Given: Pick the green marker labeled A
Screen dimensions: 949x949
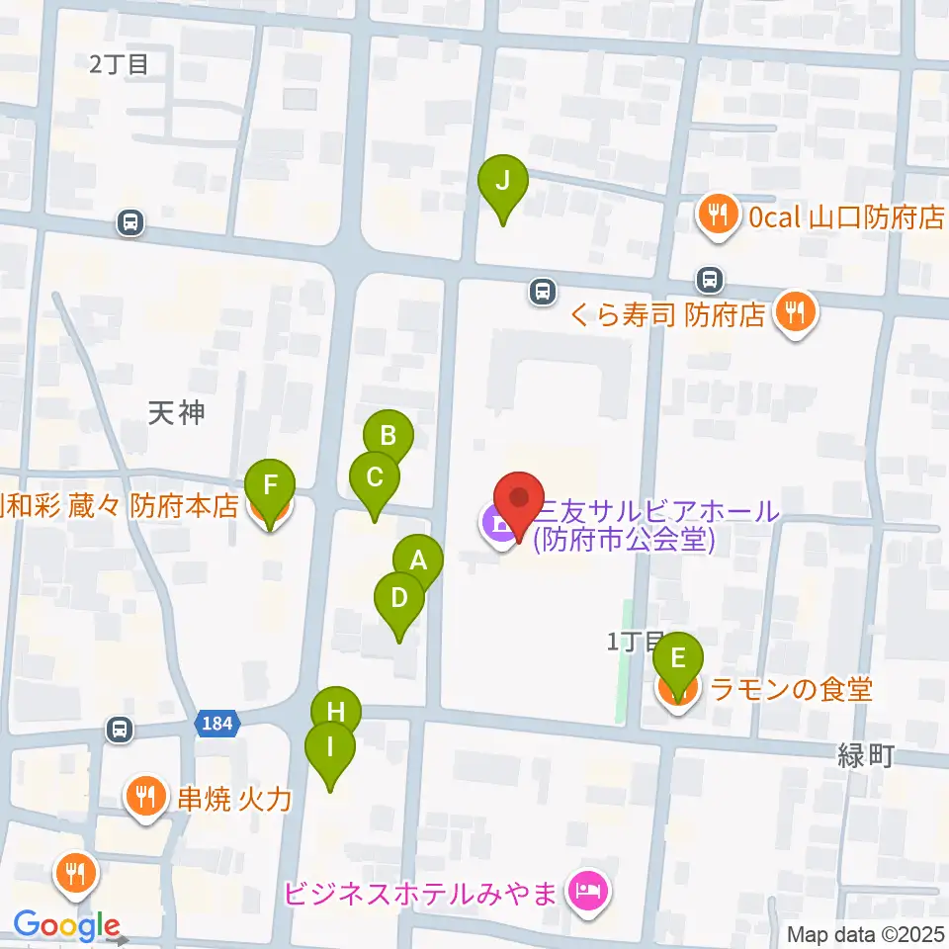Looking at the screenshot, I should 418,563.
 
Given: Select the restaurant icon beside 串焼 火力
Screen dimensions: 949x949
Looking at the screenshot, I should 146,796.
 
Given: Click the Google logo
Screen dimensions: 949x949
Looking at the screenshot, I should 66,926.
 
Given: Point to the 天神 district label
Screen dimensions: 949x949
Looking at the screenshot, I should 177,412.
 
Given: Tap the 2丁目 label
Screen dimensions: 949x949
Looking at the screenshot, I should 119,65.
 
